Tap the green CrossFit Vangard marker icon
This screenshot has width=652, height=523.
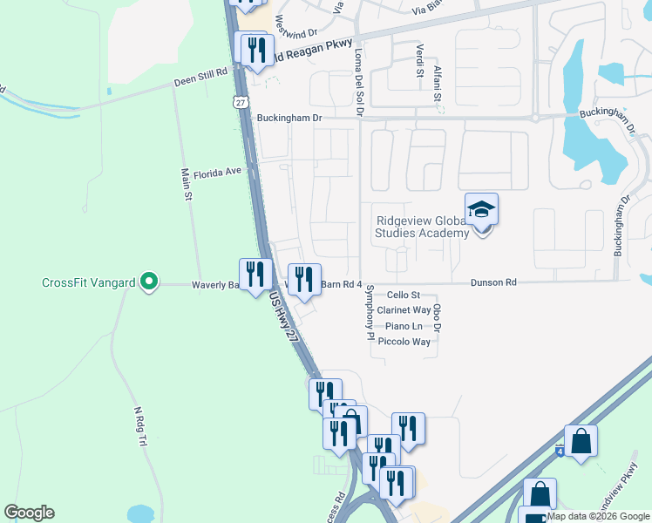149,282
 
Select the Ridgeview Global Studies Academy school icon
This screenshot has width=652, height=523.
481,210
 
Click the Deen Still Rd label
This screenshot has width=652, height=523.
200,79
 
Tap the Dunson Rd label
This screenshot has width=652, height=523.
493,282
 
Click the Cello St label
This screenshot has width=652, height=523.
404,295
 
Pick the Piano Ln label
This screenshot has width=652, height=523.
405,326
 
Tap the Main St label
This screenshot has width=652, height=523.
186,185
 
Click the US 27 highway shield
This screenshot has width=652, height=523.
240,102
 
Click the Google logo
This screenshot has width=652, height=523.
29,513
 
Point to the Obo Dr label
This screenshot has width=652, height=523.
438,317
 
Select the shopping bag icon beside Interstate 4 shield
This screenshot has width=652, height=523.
581,442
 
